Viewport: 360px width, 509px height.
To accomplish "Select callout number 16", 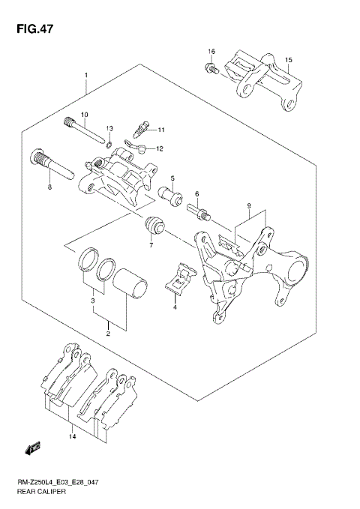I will pyautogui.click(x=211, y=51).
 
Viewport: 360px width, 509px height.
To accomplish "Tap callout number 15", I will pyautogui.click(x=289, y=59).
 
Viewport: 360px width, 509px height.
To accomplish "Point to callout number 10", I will pyautogui.click(x=85, y=114).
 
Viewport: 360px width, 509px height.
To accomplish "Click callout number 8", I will pyautogui.click(x=49, y=187).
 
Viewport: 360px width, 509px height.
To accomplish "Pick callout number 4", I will pyautogui.click(x=175, y=307).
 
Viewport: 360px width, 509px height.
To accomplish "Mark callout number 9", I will pyautogui.click(x=247, y=205).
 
